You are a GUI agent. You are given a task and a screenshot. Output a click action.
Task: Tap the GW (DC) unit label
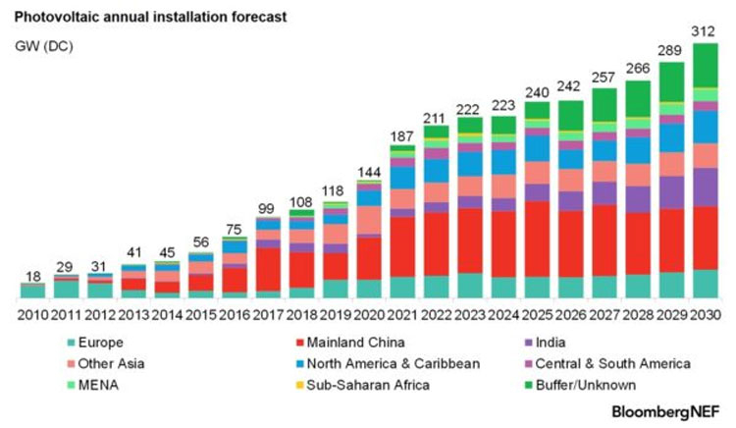tap(45, 44)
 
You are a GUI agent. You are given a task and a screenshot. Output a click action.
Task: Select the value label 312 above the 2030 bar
tap(704, 31)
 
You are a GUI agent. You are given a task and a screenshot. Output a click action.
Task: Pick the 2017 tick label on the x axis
tap(268, 314)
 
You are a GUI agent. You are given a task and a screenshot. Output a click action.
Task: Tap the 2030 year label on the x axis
tap(705, 314)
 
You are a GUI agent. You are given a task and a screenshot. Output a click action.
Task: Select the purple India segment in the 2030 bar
tap(705, 187)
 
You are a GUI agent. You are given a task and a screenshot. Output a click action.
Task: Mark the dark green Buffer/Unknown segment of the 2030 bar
tap(705, 65)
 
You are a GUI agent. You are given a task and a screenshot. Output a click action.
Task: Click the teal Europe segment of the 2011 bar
tap(67, 289)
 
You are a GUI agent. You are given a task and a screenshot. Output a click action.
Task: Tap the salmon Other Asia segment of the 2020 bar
tap(369, 221)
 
